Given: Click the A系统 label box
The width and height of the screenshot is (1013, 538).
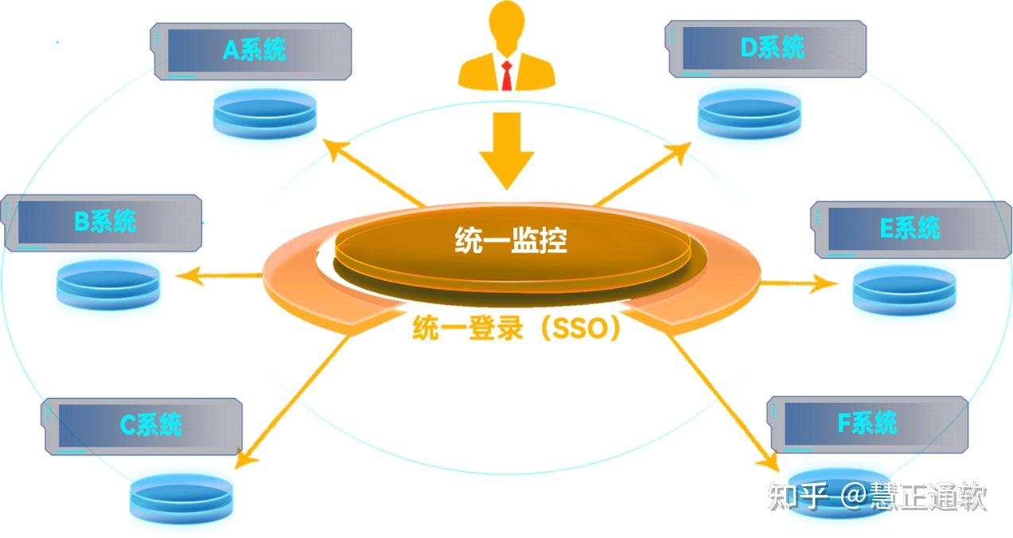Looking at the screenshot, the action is point(251,52).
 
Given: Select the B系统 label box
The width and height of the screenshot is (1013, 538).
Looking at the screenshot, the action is point(101,224).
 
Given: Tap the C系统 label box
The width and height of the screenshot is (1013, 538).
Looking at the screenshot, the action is point(142,427).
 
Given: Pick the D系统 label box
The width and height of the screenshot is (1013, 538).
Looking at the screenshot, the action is point(766,49).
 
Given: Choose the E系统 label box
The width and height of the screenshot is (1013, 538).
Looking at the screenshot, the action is point(911,230).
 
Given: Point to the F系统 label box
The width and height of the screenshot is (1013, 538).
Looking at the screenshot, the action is point(868,424).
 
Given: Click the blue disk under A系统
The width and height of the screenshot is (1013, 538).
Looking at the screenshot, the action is point(265,114).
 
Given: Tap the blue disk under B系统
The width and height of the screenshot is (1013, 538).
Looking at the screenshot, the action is point(108,284).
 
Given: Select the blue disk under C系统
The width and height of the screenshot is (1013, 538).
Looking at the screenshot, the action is point(181,499).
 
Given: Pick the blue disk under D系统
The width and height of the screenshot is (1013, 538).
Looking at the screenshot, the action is point(750,113).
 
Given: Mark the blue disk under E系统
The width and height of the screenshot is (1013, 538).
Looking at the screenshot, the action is point(905,290).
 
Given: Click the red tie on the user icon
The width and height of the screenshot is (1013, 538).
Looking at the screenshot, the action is point(506,76).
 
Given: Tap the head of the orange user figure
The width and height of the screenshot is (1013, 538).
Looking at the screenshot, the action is point(508,22).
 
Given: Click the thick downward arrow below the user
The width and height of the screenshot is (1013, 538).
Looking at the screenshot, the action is point(507,150).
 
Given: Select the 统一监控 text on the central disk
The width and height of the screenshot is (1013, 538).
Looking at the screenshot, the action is point(511,240).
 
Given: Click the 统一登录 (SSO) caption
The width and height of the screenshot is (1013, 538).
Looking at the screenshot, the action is point(516,328).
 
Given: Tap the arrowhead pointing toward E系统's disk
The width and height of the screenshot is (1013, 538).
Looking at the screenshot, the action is point(824,283).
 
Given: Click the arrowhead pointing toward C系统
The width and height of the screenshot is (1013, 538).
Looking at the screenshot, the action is point(247,457).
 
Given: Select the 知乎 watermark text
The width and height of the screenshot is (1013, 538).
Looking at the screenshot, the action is point(798,496).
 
